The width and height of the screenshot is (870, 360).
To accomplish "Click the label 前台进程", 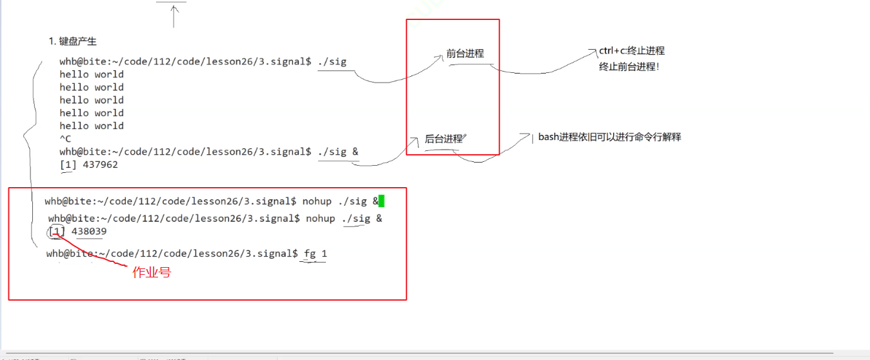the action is coord(465,54).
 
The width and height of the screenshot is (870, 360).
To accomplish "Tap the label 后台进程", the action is coord(443,139).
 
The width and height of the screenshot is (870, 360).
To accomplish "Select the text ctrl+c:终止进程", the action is coord(632,51).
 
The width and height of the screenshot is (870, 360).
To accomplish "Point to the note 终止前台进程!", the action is coord(629,66).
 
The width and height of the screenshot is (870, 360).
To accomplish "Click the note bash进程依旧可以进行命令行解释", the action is coord(609,137).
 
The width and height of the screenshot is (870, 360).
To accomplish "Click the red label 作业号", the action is coord(152,272).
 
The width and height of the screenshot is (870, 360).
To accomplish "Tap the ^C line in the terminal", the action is coord(65,139).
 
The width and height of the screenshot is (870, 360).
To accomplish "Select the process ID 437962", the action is coord(100,165).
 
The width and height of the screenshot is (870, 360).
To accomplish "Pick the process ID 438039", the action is coord(89,231).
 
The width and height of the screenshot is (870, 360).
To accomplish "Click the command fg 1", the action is coord(316,254).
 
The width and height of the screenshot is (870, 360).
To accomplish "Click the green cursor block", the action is coord(381,201).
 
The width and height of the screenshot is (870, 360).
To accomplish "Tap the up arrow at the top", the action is coord(173,14).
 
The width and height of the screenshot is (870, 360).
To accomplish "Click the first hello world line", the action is coord(92,74).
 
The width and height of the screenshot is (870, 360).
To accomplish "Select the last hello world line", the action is coord(92,126).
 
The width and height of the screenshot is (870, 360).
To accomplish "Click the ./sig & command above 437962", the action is coord(338,152).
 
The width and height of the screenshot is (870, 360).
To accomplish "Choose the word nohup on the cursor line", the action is coord(316,201).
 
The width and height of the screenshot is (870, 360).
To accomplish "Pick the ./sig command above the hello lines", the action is coord(332,61).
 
